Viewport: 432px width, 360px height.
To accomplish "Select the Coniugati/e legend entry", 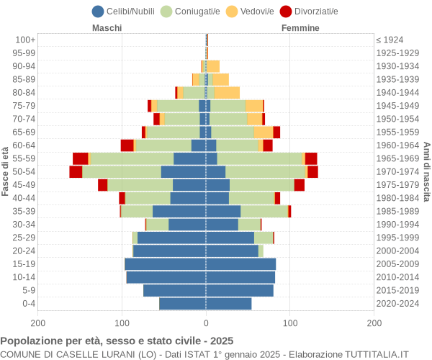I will click(x=190, y=11).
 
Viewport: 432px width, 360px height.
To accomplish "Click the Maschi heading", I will click(x=107, y=28).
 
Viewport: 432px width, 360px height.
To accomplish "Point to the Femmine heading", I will click(x=300, y=28).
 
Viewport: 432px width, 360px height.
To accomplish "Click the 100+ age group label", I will click(x=24, y=40).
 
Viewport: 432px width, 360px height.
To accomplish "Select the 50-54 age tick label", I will click(x=24, y=171).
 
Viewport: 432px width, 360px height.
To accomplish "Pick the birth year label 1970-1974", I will click(x=398, y=171).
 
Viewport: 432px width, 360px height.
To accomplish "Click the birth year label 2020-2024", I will click(x=398, y=303).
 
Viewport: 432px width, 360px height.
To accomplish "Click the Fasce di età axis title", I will click(x=6, y=171).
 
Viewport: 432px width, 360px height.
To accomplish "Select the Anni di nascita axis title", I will click(x=426, y=171).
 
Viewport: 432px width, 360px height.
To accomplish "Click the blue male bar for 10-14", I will click(x=166, y=277).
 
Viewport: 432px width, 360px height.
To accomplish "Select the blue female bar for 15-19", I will click(x=240, y=264).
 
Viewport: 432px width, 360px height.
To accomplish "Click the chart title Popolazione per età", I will click(x=117, y=341).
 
